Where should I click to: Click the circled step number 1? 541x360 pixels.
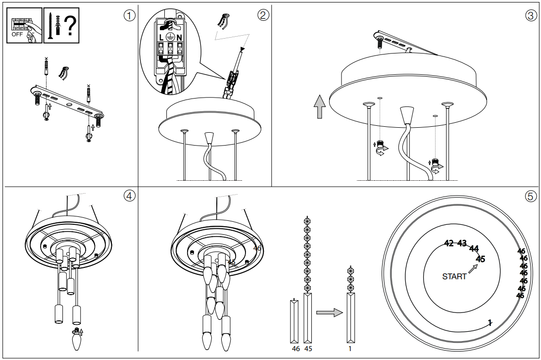129,15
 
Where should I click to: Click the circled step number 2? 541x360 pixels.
263,15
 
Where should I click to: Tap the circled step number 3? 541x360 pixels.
531,15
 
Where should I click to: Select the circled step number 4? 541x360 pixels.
129,196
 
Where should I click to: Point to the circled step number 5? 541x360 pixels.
531,196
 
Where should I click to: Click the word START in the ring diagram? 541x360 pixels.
454,277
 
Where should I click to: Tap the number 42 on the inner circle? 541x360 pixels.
449,243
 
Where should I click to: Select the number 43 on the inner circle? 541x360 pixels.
462,243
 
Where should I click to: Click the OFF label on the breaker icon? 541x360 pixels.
17,34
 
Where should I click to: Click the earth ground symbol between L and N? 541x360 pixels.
171,36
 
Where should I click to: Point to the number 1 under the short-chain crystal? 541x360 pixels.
350,349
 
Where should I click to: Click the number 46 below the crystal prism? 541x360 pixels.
296,349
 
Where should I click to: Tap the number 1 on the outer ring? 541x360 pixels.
490,322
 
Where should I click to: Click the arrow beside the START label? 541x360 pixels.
474,268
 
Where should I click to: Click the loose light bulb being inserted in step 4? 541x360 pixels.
76,342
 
